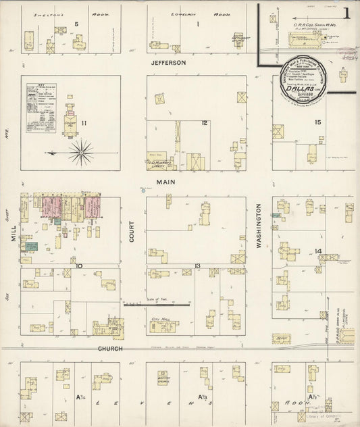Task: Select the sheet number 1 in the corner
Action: coord(346,14)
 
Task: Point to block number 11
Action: coord(84,123)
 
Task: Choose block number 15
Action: coord(204,123)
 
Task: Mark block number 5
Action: coord(76,24)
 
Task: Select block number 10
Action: coord(79,266)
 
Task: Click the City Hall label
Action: coord(161,318)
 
